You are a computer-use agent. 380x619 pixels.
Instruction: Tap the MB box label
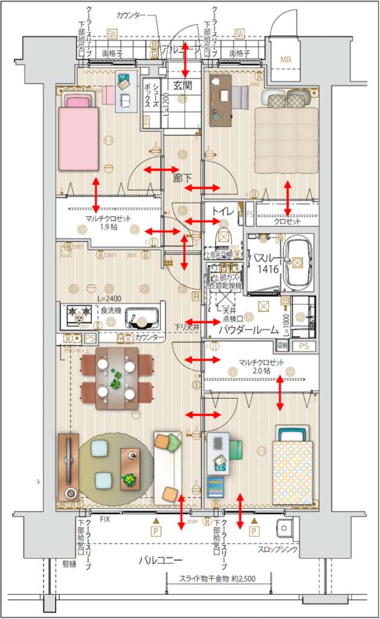pyautogui.click(x=285, y=59)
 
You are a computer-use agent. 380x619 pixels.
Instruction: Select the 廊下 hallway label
pyautogui.click(x=182, y=179)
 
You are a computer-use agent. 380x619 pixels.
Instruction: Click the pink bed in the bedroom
pyautogui.click(x=78, y=132)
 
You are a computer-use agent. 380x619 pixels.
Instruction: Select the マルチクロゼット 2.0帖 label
pyautogui.click(x=260, y=367)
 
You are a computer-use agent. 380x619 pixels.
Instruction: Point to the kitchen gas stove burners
pyautogui.click(x=78, y=313)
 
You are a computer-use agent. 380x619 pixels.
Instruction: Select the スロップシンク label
pyautogui.click(x=277, y=551)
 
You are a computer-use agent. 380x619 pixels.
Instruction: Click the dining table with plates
pyautogui.click(x=116, y=377)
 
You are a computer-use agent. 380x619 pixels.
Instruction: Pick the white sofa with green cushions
pyautogui.click(x=167, y=467)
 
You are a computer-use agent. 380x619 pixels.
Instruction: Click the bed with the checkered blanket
pyautogui.click(x=292, y=472)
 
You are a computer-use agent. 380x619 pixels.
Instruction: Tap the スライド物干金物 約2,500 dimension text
pyautogui.click(x=218, y=578)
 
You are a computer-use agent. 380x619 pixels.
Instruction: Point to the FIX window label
pyautogui.click(x=105, y=519)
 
